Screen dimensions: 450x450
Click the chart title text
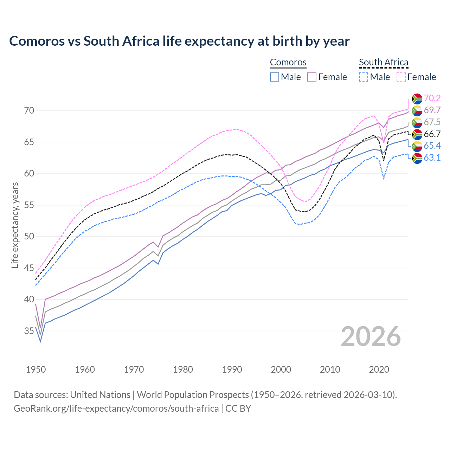[x=179, y=41]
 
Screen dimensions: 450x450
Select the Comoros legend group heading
[x=288, y=63]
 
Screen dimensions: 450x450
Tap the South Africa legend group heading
[x=383, y=63]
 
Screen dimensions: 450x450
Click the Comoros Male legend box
[x=275, y=77]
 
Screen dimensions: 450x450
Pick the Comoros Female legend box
[x=312, y=77]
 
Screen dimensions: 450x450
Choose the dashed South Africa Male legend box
[x=364, y=77]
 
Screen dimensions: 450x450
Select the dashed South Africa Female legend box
[x=401, y=77]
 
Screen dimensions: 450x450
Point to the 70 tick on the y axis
[x=29, y=111]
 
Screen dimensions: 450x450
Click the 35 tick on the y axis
[x=29, y=331]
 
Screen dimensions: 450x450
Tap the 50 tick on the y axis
[x=29, y=237]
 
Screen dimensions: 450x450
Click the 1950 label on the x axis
[x=36, y=369]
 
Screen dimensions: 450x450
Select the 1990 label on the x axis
[x=232, y=369]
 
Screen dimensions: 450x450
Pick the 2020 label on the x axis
[x=379, y=369]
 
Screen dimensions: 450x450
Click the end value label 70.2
[x=432, y=98]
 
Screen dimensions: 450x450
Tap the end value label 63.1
[x=432, y=158]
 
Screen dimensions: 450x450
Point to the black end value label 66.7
[x=432, y=134]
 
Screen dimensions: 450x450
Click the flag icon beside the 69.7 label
[x=417, y=110]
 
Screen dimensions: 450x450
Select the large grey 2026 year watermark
[x=371, y=336]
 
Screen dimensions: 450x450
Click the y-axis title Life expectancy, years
[x=15, y=225]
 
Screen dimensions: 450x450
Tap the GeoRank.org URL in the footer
[x=116, y=409]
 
